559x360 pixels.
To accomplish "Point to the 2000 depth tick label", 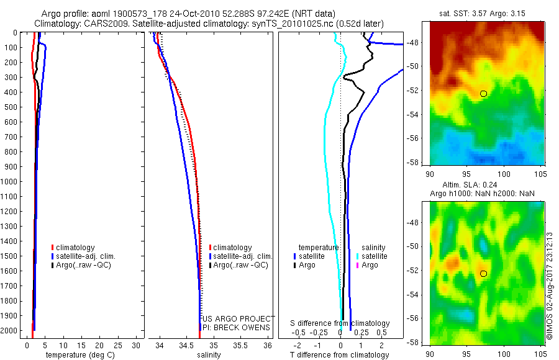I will (10, 330).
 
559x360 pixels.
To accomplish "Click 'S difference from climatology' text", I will (340, 323).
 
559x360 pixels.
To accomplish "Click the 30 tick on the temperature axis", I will (137, 345).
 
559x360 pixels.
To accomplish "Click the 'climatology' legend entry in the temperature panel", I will (76, 248).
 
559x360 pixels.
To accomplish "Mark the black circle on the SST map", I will (484, 93).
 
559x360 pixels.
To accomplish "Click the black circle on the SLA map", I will (484, 273).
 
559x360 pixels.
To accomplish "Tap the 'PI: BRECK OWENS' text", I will (236, 327).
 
